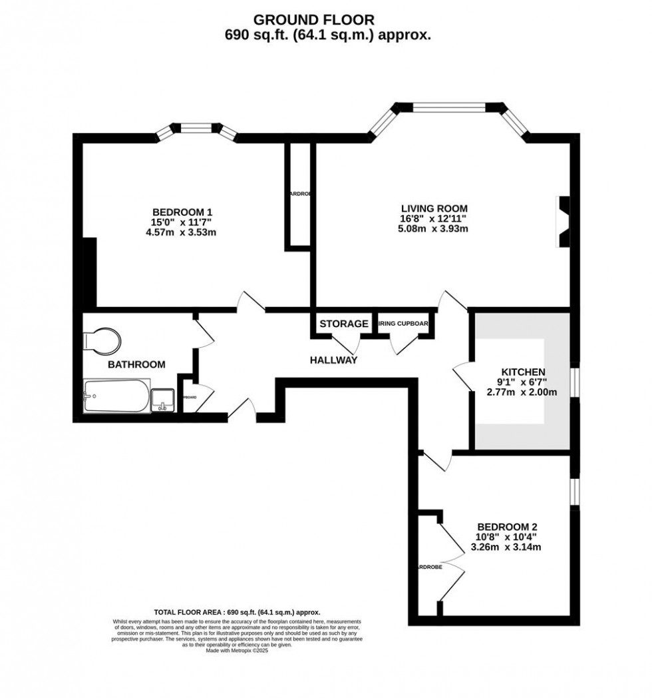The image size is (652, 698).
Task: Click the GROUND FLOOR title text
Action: tap(327, 21)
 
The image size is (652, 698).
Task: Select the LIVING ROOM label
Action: tap(433, 208)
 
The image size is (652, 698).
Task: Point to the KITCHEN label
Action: tap(523, 372)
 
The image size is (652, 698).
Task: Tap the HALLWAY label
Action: tap(333, 360)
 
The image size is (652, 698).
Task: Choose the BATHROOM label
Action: tap(136, 364)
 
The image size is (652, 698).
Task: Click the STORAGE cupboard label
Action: tap(343, 324)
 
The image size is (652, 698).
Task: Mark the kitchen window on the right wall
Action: tap(573, 385)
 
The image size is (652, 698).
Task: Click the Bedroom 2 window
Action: tap(573, 490)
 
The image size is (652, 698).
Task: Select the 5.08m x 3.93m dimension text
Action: tap(433, 229)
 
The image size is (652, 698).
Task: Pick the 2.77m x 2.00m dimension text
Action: tap(523, 392)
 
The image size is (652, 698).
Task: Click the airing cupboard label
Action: tap(404, 324)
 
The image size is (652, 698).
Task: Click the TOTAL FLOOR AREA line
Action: tap(237, 612)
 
